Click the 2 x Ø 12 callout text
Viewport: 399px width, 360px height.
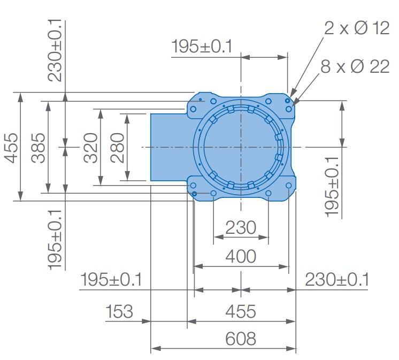pyautogui.click(x=357, y=28)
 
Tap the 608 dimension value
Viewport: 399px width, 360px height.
pyautogui.click(x=241, y=338)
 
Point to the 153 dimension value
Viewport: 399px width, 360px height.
pyautogui.click(x=119, y=311)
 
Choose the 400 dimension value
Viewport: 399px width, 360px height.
pyautogui.click(x=241, y=256)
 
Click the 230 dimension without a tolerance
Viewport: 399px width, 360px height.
pyautogui.click(x=241, y=228)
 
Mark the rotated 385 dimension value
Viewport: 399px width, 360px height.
pyautogui.click(x=38, y=147)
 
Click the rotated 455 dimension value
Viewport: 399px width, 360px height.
pyautogui.click(x=11, y=147)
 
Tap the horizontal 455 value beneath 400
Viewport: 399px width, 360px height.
pyautogui.click(x=241, y=311)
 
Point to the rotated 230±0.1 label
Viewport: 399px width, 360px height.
pyautogui.click(x=56, y=51)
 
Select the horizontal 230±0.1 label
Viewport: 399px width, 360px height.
pyautogui.click(x=337, y=279)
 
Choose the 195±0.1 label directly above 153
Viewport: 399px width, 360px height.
pyautogui.click(x=111, y=279)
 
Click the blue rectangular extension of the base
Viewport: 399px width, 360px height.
pyautogui.click(x=168, y=147)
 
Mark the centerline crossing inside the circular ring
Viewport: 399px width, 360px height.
pyautogui.click(x=241, y=147)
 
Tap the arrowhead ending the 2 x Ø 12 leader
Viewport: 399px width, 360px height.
pyautogui.click(x=289, y=97)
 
